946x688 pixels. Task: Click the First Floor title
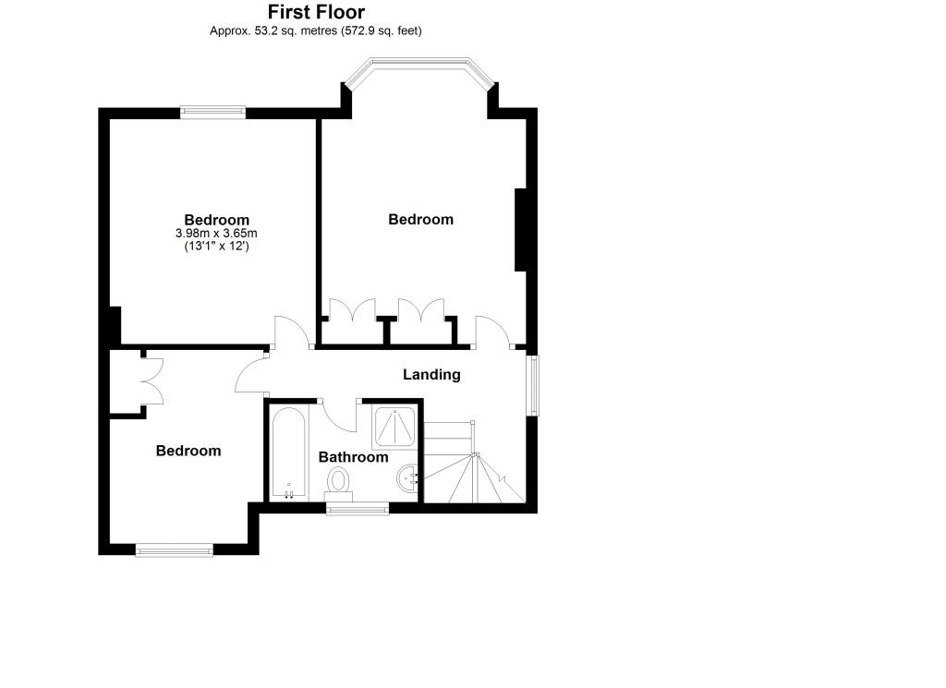(316, 12)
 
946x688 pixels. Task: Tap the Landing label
(431, 374)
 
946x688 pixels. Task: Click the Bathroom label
(353, 457)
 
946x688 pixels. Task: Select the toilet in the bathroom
(339, 484)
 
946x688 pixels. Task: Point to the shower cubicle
(394, 428)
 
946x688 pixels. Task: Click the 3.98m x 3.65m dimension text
(216, 234)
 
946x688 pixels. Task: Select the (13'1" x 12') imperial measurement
(216, 246)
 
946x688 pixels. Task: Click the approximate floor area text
(316, 30)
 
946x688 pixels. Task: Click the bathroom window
(358, 510)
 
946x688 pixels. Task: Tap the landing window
(534, 385)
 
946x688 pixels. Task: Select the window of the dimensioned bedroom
(213, 112)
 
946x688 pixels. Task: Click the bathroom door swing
(339, 416)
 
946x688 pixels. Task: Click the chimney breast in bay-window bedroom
(521, 230)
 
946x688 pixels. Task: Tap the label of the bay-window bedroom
(420, 220)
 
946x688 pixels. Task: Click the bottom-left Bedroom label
(188, 451)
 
